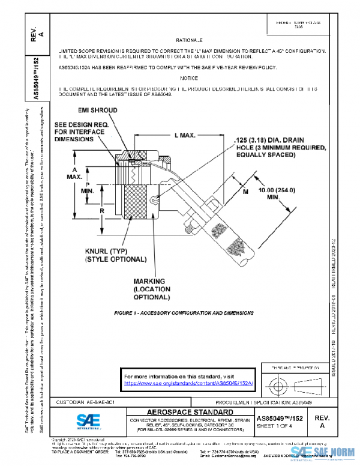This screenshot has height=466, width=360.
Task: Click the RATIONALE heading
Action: pyautogui.click(x=191, y=37)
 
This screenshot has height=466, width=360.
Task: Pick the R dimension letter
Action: pyautogui.click(x=86, y=211)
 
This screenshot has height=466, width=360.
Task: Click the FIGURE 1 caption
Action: pyautogui.click(x=184, y=313)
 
